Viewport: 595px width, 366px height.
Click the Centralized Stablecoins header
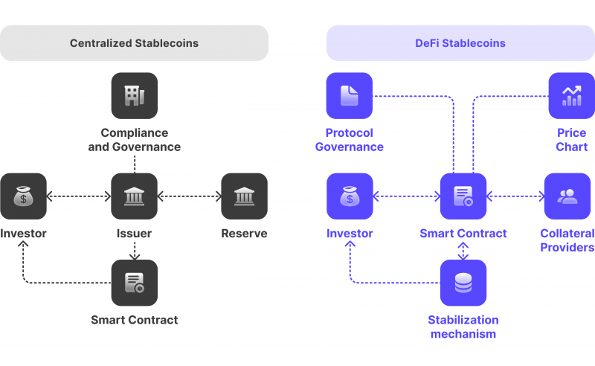tap(135, 43)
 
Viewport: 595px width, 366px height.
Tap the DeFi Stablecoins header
tap(460, 43)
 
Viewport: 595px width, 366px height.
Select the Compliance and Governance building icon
tap(135, 95)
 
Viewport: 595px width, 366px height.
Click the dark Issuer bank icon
tap(135, 196)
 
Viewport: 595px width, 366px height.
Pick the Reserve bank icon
tap(244, 196)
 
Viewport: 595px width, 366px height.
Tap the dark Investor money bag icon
tap(23, 196)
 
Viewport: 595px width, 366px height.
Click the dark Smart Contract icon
tap(135, 283)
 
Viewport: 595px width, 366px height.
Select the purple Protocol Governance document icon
tap(350, 95)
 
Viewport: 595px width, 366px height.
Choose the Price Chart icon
tap(571, 95)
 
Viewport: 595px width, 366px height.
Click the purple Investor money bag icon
tap(350, 196)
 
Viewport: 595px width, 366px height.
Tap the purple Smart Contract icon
tap(463, 196)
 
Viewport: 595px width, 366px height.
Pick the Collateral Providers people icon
tap(567, 196)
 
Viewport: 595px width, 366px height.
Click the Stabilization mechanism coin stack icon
tap(463, 283)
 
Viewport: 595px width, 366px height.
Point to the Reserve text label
tap(244, 234)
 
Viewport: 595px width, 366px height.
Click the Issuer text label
tap(135, 234)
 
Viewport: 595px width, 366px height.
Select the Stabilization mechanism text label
tap(463, 327)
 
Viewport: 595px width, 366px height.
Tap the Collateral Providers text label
tap(567, 240)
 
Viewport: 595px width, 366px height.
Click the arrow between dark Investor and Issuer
tap(79, 197)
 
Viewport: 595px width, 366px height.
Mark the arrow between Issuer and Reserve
tap(190, 197)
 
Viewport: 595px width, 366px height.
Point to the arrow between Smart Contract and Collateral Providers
tap(515, 197)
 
